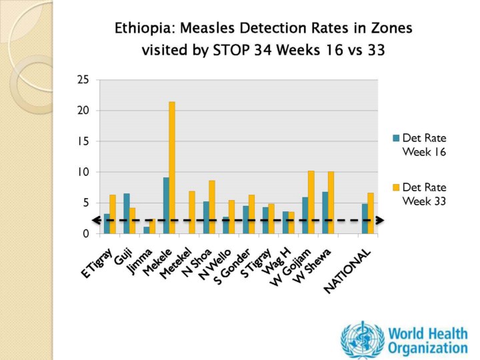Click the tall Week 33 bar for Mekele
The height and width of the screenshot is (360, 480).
(x=172, y=167)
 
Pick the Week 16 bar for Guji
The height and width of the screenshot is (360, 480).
(x=126, y=213)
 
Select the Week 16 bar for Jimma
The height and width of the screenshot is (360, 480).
(x=146, y=230)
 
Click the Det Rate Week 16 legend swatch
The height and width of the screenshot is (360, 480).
(x=396, y=139)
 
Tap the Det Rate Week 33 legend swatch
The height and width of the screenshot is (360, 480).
(x=396, y=187)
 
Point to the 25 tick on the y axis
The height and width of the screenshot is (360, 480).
(x=83, y=80)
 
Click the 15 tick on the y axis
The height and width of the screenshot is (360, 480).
(x=83, y=141)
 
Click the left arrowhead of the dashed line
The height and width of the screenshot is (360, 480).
(x=96, y=220)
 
